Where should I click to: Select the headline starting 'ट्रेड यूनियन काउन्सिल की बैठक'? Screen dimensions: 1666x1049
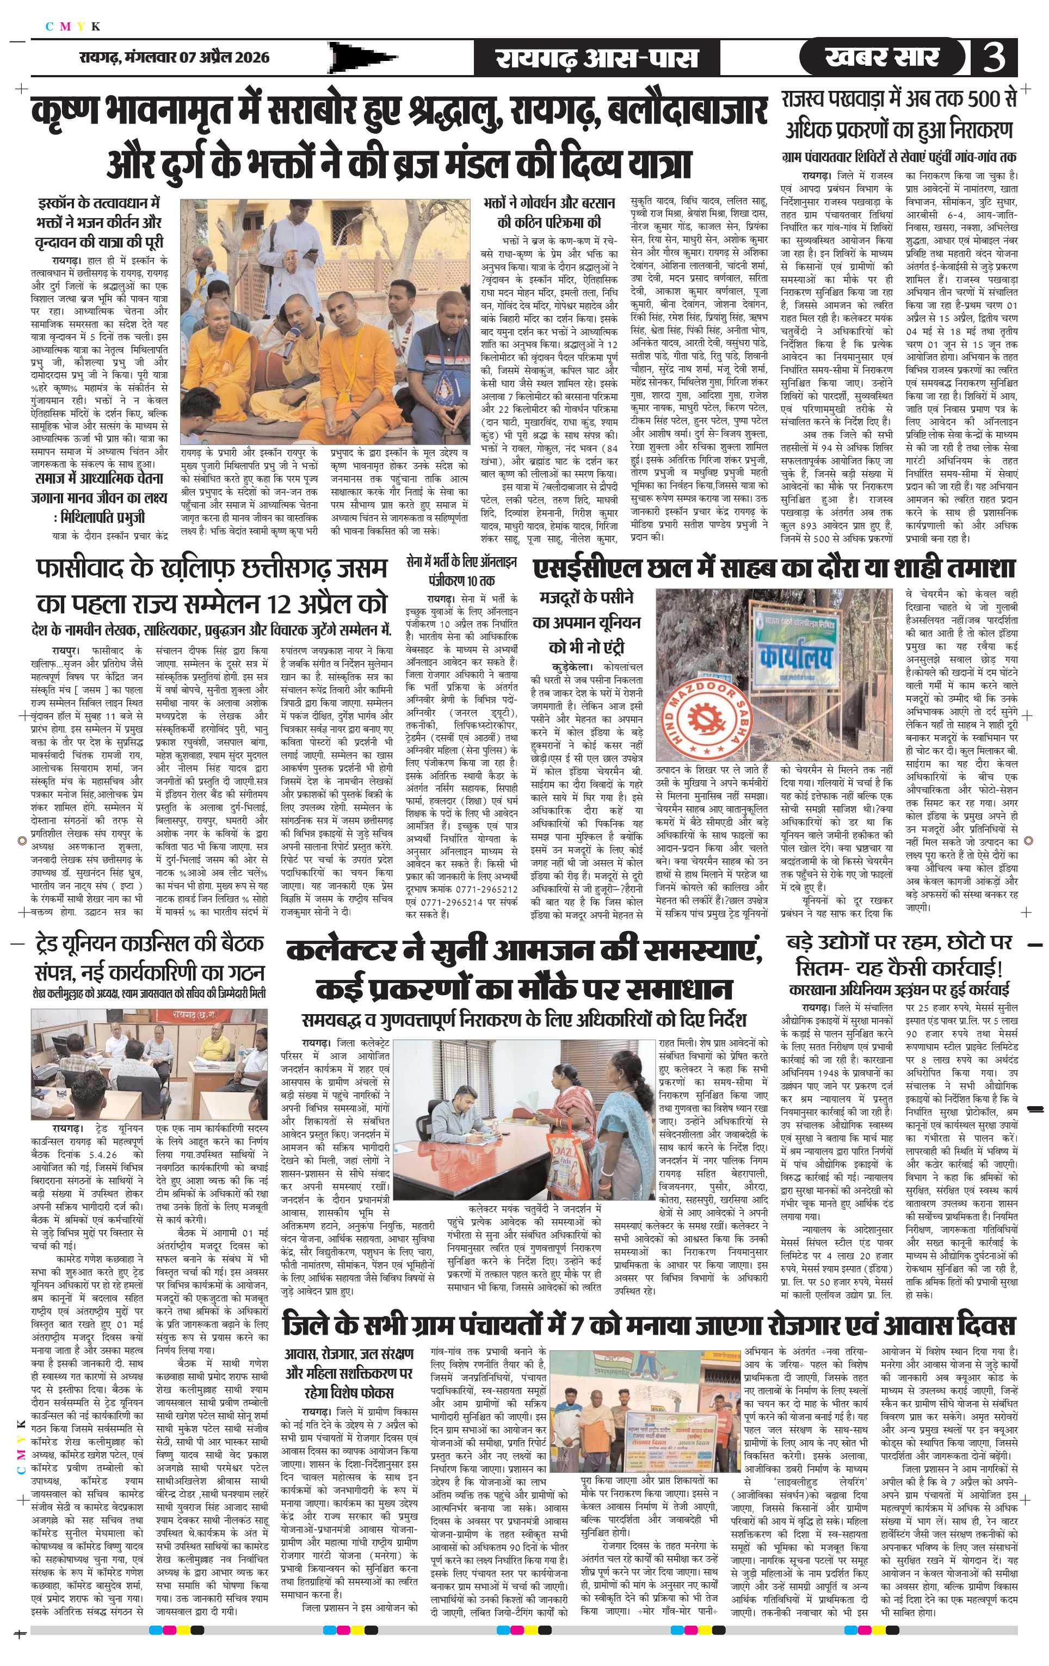149,958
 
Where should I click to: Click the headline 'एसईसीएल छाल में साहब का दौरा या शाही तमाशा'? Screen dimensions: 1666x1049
774,569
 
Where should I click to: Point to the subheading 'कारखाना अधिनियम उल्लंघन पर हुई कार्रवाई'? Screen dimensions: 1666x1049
904,988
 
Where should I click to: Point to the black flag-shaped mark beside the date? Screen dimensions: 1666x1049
363,58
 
